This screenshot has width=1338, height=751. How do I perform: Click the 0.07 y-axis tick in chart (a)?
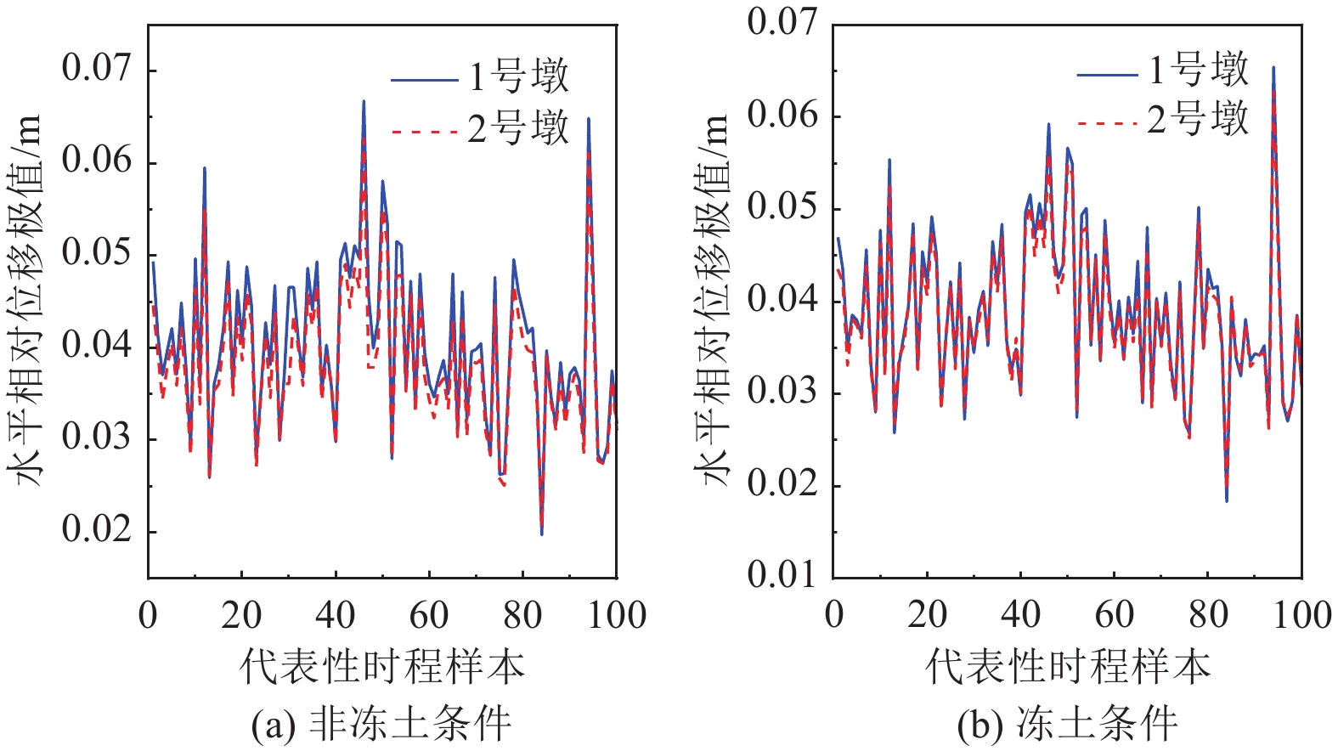[x=97, y=68]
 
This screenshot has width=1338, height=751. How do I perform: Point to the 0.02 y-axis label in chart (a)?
[x=97, y=529]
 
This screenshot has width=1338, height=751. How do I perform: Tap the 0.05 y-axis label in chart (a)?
[x=97, y=253]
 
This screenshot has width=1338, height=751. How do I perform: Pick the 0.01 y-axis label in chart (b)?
[x=782, y=576]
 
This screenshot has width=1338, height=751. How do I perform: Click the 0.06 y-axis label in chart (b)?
[x=782, y=115]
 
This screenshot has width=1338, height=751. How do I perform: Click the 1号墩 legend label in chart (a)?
[x=518, y=78]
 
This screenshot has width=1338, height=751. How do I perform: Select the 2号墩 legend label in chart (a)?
[x=518, y=129]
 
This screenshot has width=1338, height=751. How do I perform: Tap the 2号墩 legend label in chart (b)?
[x=1199, y=120]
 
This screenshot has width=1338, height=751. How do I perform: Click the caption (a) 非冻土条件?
[x=381, y=725]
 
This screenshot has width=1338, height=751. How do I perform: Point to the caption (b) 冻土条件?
[x=1067, y=725]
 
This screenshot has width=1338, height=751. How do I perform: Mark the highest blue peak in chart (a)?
[x=364, y=101]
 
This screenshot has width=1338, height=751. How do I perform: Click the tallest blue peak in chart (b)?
[x=1273, y=67]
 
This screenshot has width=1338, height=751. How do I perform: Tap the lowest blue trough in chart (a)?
[x=542, y=534]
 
